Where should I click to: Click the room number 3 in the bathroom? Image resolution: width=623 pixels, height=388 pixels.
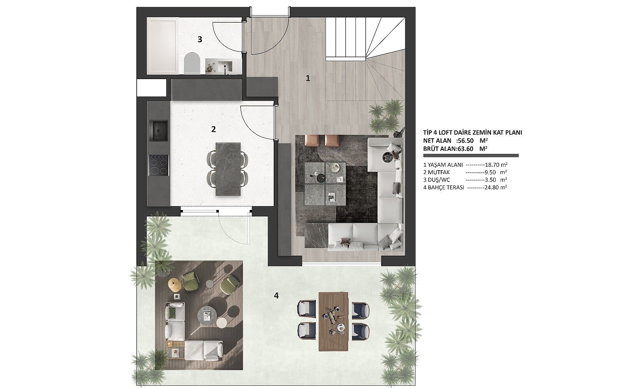pyautogui.click(x=200, y=39)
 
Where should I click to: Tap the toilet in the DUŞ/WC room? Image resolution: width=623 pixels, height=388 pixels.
pyautogui.click(x=192, y=63)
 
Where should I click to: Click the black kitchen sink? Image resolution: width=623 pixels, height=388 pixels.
pyautogui.click(x=158, y=130)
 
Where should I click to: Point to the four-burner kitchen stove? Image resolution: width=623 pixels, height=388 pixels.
pyautogui.click(x=159, y=165)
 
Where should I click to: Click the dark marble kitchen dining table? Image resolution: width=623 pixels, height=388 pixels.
pyautogui.click(x=228, y=169)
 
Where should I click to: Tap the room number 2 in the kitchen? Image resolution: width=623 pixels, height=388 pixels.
pyautogui.click(x=213, y=129)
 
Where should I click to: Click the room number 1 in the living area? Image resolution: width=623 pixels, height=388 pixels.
pyautogui.click(x=308, y=78)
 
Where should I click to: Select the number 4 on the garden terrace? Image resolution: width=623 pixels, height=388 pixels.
pyautogui.click(x=276, y=296)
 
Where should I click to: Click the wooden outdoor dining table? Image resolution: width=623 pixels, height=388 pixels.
pyautogui.click(x=333, y=321)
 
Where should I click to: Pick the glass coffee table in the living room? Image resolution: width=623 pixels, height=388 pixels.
pyautogui.click(x=325, y=184)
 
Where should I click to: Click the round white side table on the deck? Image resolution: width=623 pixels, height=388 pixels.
pyautogui.click(x=222, y=323)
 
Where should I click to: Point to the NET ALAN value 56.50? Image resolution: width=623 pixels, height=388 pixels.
pyautogui.click(x=466, y=141)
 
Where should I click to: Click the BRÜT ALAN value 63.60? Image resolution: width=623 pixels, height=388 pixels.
pyautogui.click(x=465, y=149)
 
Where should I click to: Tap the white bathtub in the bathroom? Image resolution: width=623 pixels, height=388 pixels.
pyautogui.click(x=162, y=46)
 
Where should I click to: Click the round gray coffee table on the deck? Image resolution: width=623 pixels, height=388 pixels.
pyautogui.click(x=207, y=316)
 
